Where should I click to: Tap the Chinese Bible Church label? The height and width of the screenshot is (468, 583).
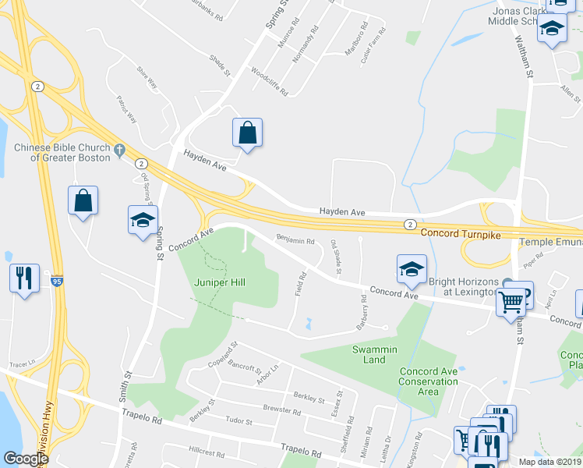click(67, 151)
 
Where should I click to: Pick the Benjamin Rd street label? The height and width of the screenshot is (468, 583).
click(295, 241)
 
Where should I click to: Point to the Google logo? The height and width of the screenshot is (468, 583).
click(26, 459)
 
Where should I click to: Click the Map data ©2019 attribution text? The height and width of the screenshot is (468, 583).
click(549, 462)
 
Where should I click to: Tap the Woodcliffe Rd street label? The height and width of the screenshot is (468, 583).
click(270, 81)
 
